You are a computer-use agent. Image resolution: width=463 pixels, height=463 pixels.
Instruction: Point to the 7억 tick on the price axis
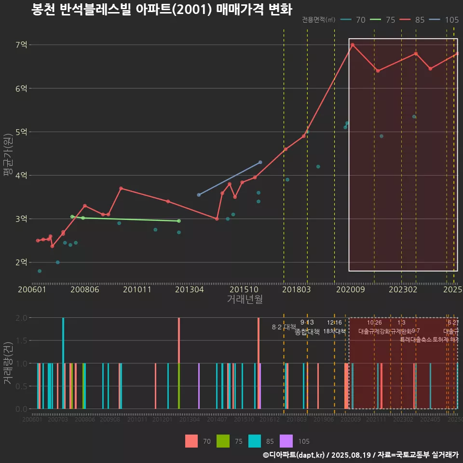22,45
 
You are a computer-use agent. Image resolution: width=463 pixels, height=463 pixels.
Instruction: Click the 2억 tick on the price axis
22,262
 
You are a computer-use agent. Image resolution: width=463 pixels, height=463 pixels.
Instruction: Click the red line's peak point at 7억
353,45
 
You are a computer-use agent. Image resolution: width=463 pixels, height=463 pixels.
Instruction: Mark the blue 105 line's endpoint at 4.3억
260,162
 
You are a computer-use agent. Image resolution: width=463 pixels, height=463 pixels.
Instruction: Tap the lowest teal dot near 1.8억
40,271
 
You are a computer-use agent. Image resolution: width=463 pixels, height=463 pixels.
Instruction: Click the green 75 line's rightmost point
179,221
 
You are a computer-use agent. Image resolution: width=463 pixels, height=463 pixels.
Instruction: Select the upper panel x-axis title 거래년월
245,300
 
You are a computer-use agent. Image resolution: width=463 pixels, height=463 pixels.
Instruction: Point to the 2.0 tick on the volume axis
21,318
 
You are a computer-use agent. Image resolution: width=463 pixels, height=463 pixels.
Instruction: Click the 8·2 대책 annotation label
284,327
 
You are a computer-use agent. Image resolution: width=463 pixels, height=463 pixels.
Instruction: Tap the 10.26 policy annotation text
374,323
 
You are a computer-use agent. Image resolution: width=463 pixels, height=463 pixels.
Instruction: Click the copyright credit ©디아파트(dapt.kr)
293,455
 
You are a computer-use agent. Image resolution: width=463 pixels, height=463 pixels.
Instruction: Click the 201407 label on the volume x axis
217,420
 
